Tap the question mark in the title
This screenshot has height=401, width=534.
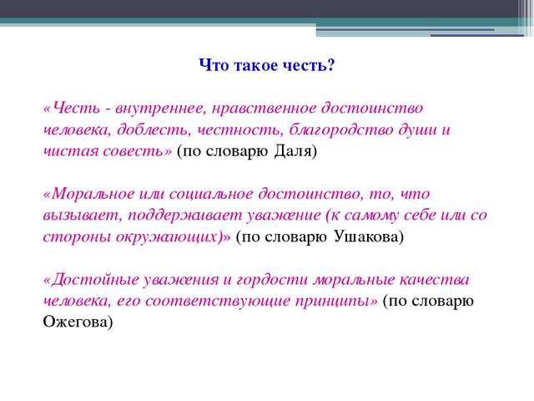tap(330, 65)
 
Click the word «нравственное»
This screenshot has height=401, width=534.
tap(264, 109)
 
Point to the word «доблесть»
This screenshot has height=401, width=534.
tap(152, 129)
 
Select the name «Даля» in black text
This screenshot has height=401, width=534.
tap(294, 151)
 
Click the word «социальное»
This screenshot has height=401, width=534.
tap(211, 194)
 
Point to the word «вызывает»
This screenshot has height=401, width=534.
tap(82, 216)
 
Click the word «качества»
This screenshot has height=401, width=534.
tap(434, 280)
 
